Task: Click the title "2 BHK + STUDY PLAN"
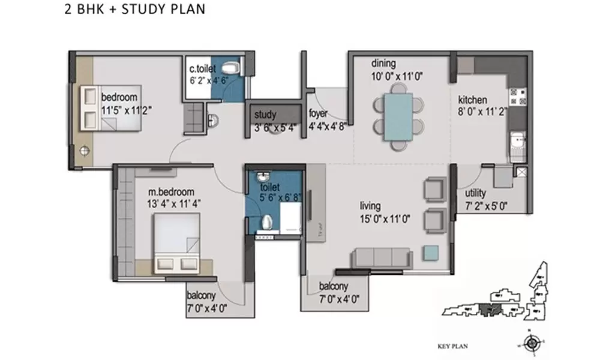134,10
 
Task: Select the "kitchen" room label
473,100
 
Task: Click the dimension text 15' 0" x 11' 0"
384,220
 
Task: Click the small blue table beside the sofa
430,253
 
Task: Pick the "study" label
265,115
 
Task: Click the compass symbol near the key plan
531,344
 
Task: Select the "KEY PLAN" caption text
452,346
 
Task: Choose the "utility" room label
476,194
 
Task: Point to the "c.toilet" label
203,69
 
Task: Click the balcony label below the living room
333,287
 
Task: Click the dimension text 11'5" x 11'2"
127,110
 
